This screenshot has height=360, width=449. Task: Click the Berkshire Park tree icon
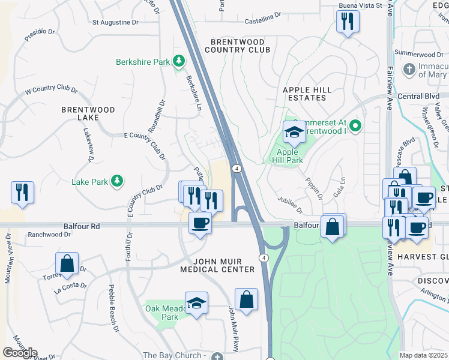tap(178, 61)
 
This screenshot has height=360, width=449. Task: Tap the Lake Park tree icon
tap(117, 181)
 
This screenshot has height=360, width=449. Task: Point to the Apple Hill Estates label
tap(307, 93)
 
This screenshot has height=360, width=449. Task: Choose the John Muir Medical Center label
tap(217, 266)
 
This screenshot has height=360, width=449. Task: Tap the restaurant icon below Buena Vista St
tap(348, 22)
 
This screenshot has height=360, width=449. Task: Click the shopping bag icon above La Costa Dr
tap(67, 263)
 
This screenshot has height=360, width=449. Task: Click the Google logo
tap(20, 353)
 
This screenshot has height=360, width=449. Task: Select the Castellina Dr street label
tap(263, 22)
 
